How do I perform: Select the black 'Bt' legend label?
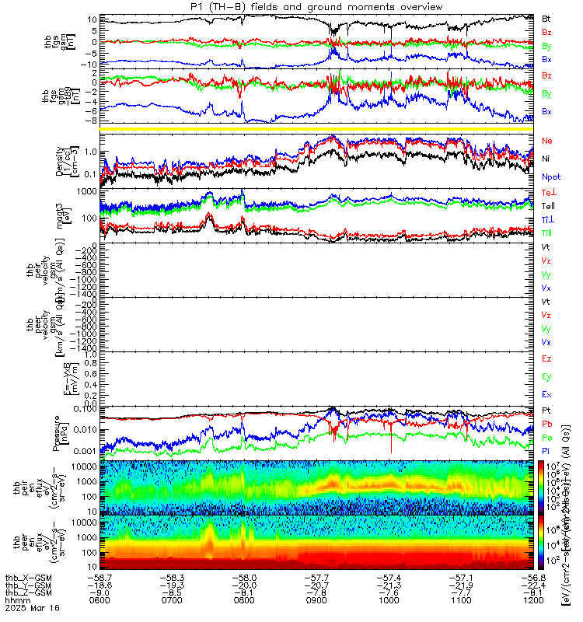(547, 17)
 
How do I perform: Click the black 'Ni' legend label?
(546, 159)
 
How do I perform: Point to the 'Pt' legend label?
(546, 410)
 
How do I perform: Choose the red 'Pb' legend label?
(546, 424)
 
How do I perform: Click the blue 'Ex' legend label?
(546, 395)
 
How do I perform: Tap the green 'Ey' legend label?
(546, 377)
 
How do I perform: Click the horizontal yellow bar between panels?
(317, 128)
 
